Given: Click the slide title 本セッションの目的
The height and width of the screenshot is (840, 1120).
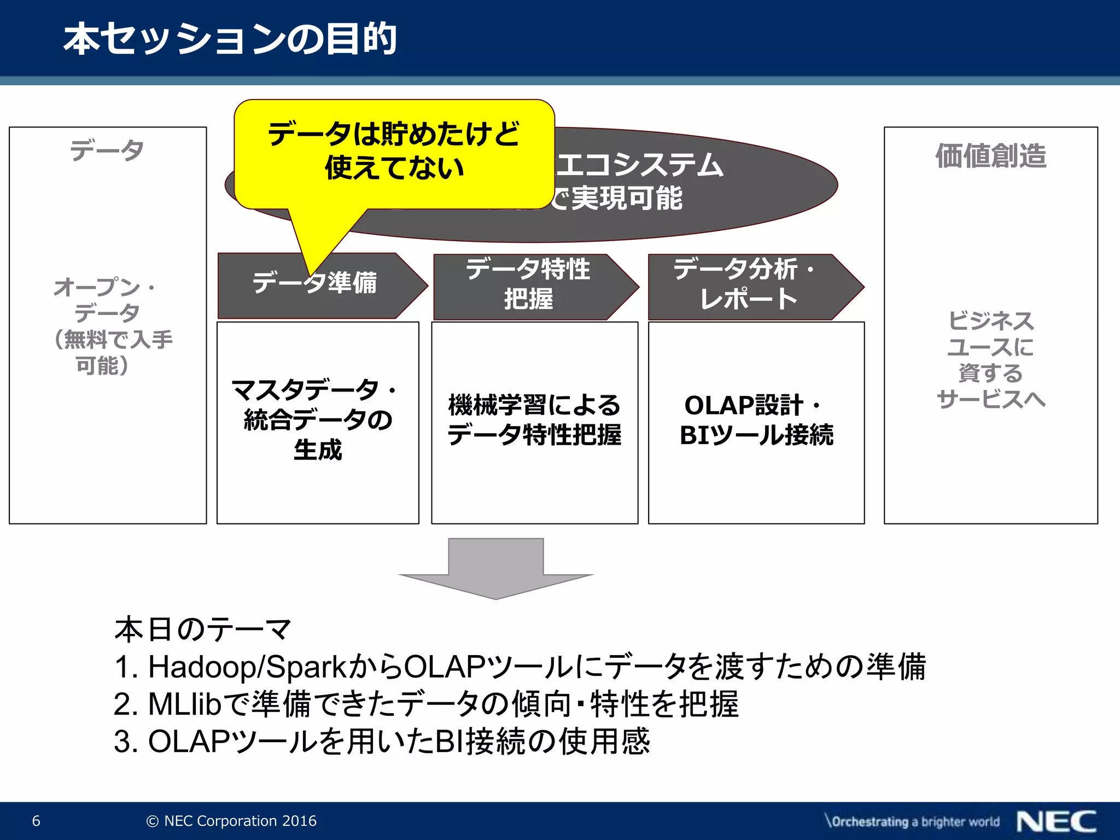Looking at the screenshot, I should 230,39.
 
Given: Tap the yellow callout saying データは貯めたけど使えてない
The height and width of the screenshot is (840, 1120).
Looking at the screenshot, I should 394,151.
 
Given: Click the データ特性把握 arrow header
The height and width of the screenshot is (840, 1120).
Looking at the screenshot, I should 528,284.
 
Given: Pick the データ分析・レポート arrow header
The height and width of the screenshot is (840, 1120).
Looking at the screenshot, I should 747,284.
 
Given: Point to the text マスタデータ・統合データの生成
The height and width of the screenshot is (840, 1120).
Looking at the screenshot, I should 317,420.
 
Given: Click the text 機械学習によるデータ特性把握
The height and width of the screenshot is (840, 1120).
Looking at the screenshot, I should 534,420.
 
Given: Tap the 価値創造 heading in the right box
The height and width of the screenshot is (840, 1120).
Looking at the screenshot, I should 990,156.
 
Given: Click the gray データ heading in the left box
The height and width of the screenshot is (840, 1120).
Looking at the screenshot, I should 107,150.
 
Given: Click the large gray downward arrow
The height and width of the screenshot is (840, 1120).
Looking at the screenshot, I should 495,569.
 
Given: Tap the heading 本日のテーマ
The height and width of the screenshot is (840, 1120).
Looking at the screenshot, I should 202,629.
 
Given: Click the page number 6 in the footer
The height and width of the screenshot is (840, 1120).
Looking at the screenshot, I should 36,821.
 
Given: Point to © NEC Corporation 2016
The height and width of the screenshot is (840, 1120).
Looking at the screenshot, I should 231,821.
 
